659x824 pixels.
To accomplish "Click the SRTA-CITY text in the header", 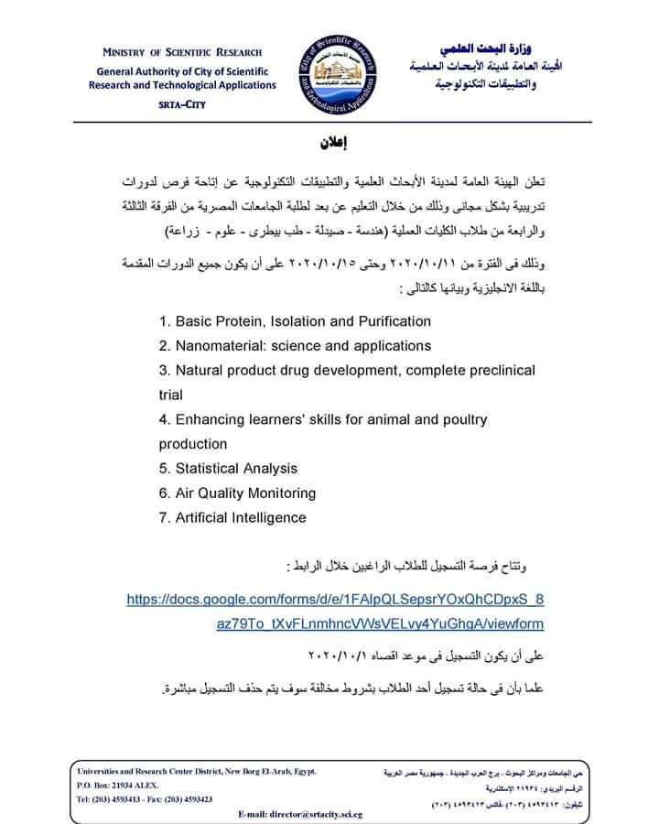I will click(x=181, y=104).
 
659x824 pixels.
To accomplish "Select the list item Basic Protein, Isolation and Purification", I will click(x=294, y=321).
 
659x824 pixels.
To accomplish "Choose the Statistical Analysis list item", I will click(x=228, y=469).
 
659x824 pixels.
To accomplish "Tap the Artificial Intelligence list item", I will click(x=232, y=517).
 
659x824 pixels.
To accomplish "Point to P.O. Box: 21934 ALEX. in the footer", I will click(x=118, y=786).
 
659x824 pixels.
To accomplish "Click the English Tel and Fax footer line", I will click(x=146, y=798).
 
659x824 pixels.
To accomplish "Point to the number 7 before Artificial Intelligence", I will click(x=163, y=517).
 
